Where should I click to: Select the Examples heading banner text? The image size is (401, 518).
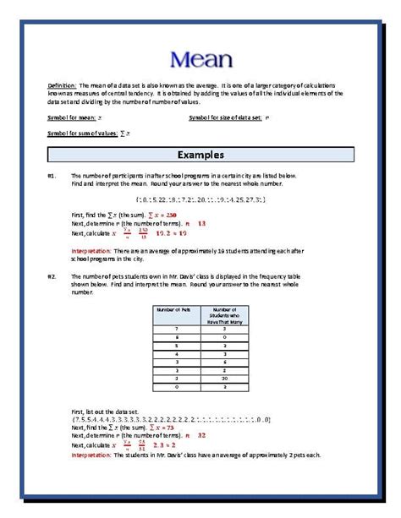coord(200,155)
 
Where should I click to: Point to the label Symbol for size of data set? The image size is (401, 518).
coord(225,117)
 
